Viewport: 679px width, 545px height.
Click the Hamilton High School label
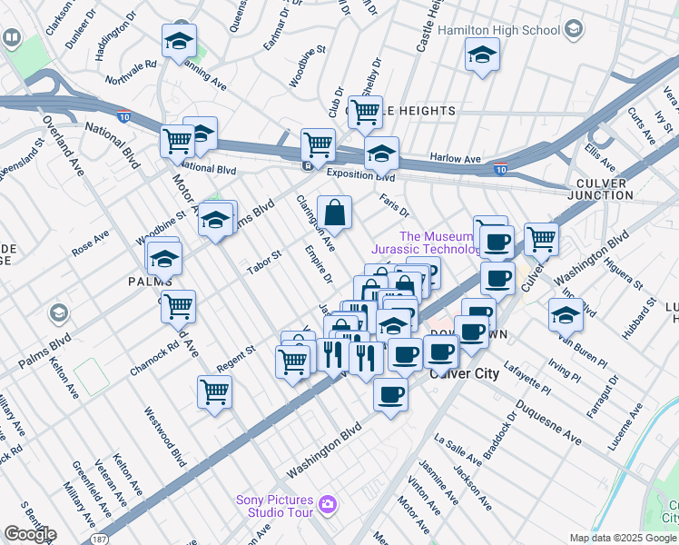[498, 30]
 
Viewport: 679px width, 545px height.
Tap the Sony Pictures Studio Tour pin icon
[328, 504]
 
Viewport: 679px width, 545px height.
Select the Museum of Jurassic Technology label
[426, 243]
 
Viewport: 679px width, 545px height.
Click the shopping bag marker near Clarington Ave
[335, 214]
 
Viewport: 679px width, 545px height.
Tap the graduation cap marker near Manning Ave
[180, 42]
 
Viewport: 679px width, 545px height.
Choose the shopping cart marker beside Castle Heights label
[365, 114]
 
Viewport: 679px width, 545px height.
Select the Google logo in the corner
[29, 534]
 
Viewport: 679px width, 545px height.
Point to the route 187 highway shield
[98, 539]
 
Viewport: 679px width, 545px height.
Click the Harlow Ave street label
[455, 159]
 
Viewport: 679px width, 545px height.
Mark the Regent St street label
[235, 359]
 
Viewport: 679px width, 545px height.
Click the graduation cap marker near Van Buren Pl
[566, 315]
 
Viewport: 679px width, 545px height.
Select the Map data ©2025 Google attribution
[623, 538]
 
